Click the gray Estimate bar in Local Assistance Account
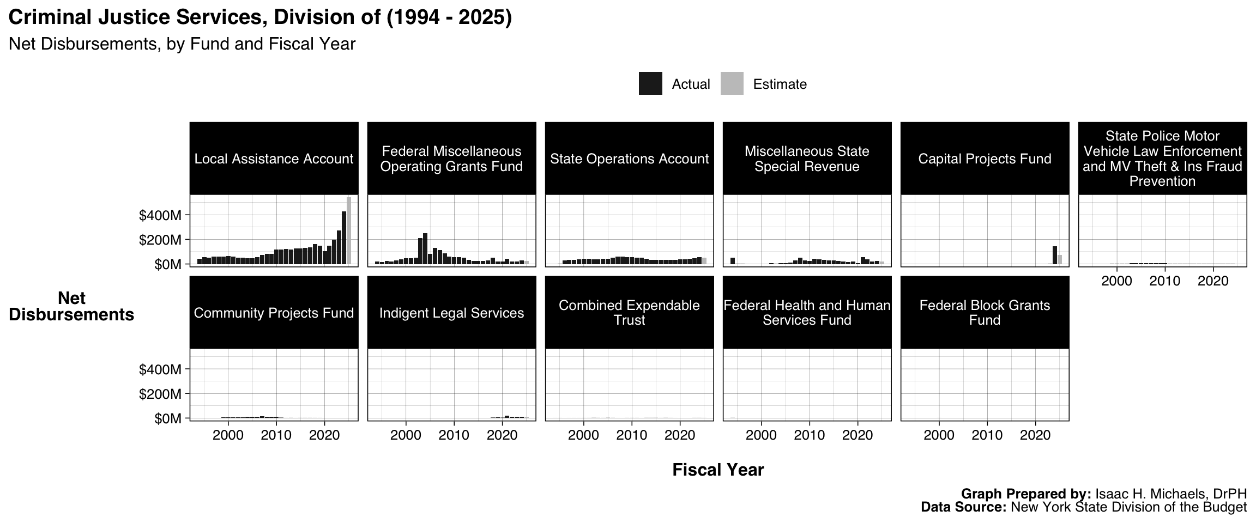pos(349,231)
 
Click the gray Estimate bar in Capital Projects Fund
pos(1060,259)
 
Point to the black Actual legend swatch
pos(650,84)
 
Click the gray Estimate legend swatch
pos(732,84)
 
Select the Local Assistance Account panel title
pos(274,159)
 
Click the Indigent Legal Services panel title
pos(451,313)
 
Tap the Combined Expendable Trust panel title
pos(629,313)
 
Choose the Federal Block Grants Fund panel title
pos(985,313)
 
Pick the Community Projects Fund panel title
pos(274,313)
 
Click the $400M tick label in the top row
pos(160,216)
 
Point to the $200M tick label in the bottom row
pos(160,394)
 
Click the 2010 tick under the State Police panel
pos(1165,281)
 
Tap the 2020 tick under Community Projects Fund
pos(324,435)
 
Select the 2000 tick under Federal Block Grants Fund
pos(939,435)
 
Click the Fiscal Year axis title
pos(718,470)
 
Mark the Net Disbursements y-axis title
pos(71,307)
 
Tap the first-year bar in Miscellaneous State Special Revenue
pos(733,261)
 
